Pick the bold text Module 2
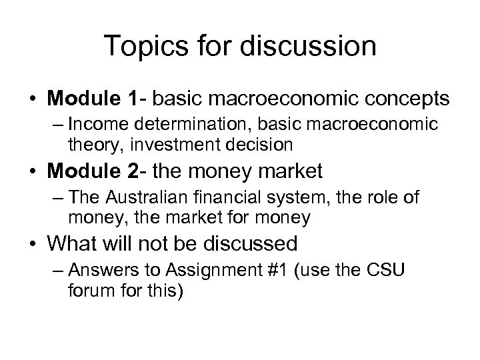pos(94,171)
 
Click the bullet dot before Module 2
pos(33,172)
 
